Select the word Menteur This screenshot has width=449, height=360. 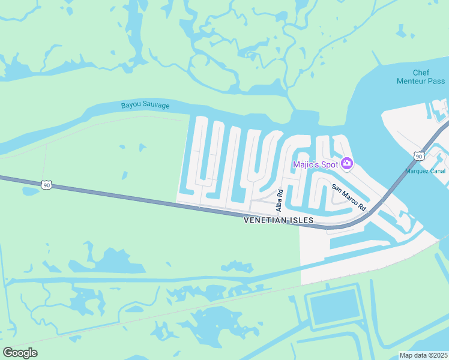pos(413,81)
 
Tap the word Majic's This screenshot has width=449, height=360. pos(306,164)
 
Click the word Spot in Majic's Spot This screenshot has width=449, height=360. pos(330,164)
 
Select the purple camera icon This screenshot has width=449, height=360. pos(347,163)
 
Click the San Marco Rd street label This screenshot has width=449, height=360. pos(349,196)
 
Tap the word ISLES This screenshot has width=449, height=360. pos(302,220)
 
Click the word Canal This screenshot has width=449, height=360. pos(438,171)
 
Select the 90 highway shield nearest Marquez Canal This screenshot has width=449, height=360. pos(418,156)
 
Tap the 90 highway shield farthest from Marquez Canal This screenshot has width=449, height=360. pos(47,185)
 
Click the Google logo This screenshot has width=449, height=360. pos(20,353)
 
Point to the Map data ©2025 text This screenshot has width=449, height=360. pos(423,355)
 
